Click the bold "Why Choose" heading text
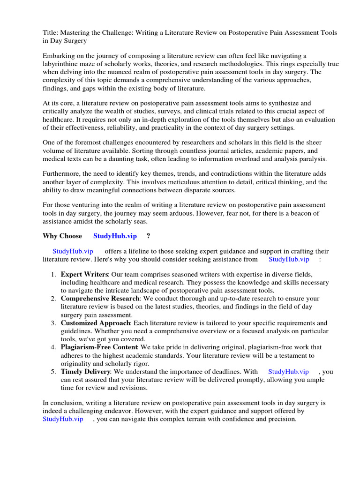click(x=62, y=236)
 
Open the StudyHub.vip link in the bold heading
click(x=115, y=236)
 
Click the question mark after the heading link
click(x=148, y=236)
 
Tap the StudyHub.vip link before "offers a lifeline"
click(x=74, y=251)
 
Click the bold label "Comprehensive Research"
click(x=100, y=298)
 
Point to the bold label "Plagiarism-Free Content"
click(x=99, y=347)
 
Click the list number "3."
click(x=54, y=323)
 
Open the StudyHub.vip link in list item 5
click(x=288, y=372)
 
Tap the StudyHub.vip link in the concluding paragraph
click(x=63, y=419)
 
